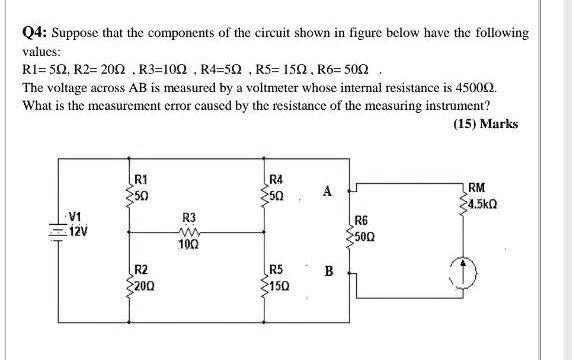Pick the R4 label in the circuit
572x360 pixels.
pos(278,179)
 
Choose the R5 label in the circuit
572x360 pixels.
pos(278,270)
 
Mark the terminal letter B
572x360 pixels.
pos(326,270)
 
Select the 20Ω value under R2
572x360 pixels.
pos(145,283)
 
